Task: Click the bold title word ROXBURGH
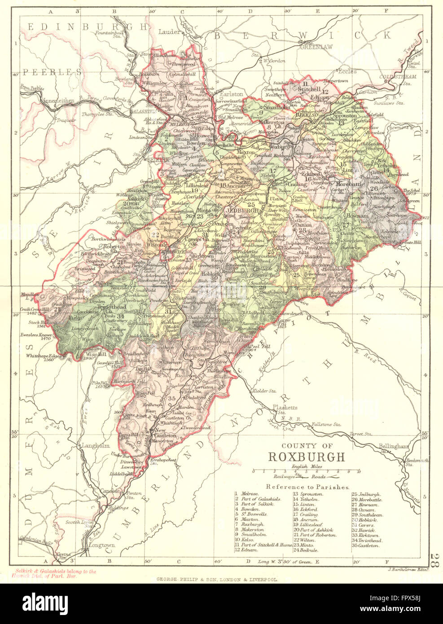tap(307, 457)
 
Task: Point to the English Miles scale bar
tap(306, 471)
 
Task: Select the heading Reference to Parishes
tap(307, 486)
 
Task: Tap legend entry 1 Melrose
tap(246, 493)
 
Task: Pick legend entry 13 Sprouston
tap(307, 493)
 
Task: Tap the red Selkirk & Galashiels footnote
tap(53, 574)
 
